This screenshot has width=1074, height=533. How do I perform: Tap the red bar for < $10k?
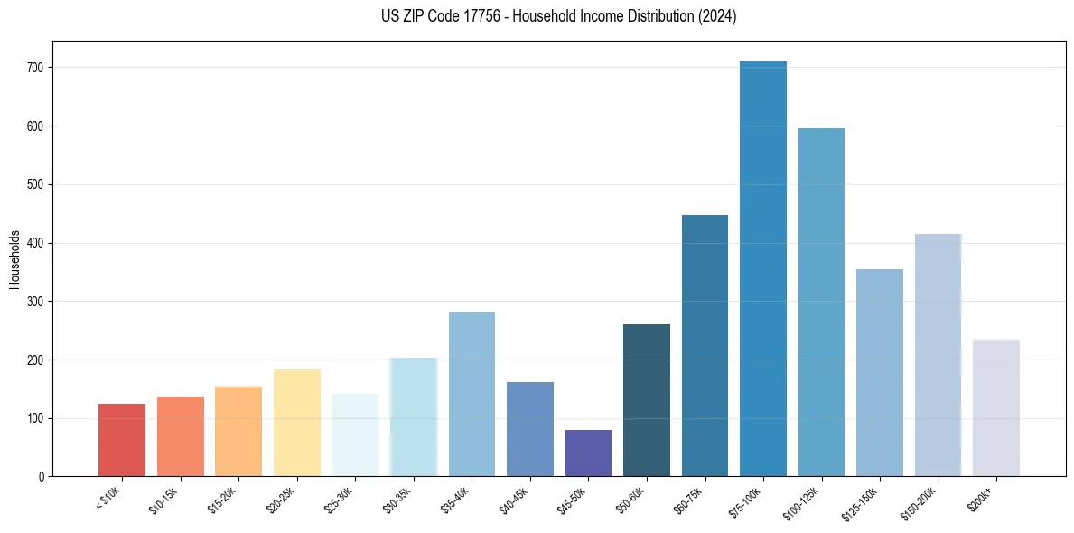point(122,440)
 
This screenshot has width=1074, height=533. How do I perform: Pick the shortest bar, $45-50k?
point(588,454)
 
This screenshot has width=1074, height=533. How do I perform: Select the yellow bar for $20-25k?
point(297,423)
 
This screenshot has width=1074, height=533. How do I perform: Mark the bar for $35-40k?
point(472,394)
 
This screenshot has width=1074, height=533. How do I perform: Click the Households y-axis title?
point(14,259)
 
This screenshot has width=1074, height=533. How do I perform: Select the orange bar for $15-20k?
point(238,432)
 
